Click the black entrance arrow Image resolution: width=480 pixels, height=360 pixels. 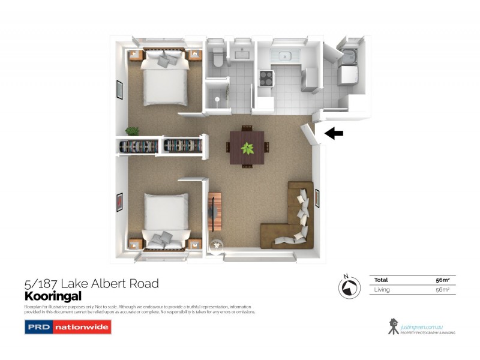point(334,134)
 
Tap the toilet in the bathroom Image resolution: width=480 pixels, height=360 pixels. point(218,58)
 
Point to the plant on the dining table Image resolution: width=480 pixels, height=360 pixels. point(247,147)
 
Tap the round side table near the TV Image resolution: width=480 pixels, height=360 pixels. point(215,245)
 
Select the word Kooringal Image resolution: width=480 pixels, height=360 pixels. point(53,296)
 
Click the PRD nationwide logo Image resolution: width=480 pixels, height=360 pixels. point(67,328)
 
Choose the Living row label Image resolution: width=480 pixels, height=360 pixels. point(382,290)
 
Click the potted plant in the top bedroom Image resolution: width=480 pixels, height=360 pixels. point(132,131)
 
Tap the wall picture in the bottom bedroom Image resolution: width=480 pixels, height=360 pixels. point(119,202)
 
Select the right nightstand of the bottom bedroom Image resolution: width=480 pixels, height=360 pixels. point(194,244)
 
